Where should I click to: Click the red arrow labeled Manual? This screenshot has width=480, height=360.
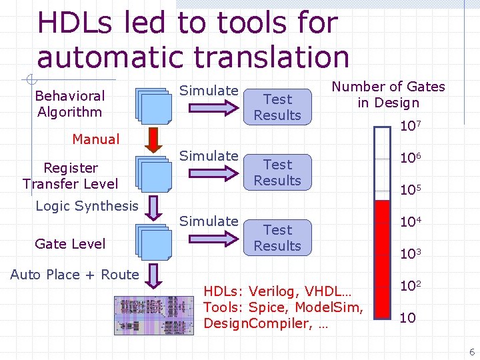tap(153, 139)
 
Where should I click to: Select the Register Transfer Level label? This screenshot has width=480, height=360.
tap(70, 176)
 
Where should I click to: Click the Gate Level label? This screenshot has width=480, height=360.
tap(70, 244)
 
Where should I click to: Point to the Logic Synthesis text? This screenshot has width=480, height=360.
tap(87, 206)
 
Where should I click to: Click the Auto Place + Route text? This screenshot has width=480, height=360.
tap(75, 275)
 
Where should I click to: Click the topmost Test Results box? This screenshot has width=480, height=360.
tap(277, 107)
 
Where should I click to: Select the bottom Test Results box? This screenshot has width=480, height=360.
tap(277, 238)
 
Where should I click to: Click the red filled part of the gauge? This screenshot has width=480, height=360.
tap(382, 260)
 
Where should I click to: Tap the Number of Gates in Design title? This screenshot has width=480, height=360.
tap(389, 95)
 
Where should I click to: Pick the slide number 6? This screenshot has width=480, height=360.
tap(471, 352)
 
